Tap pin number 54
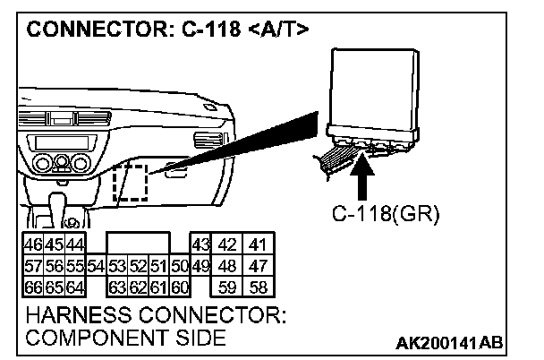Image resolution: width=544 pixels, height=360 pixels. coord(97,266)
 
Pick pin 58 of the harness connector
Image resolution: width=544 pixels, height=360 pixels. coord(259,287)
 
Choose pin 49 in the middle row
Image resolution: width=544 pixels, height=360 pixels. coord(200,266)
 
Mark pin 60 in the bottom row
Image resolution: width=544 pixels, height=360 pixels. coord(179,287)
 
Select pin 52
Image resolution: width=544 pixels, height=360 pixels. coord(138,266)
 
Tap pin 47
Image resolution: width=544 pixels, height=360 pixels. coord(259,266)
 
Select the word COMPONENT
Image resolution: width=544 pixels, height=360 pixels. coord(83,339)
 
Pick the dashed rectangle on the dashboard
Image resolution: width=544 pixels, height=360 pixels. coord(130,182)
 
